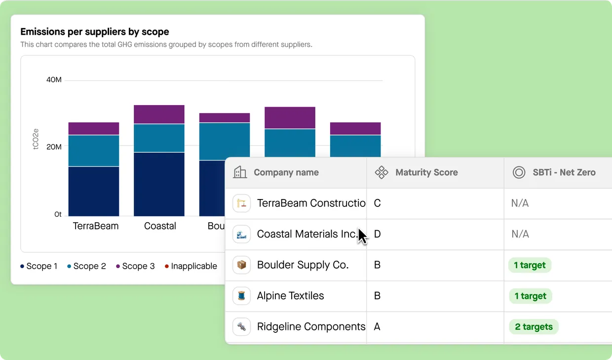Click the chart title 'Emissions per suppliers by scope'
(x=94, y=32)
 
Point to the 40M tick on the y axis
(x=54, y=80)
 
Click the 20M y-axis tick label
(x=54, y=147)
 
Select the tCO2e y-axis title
(x=36, y=139)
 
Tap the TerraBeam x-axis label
(x=96, y=226)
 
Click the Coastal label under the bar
(x=160, y=226)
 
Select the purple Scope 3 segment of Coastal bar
(x=159, y=115)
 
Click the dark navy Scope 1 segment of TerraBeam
(x=94, y=191)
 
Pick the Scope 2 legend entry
(x=86, y=266)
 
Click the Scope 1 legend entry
(x=39, y=266)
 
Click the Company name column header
(x=286, y=173)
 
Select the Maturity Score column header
(x=426, y=173)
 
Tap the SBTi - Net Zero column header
(x=564, y=173)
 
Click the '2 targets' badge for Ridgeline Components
(x=534, y=327)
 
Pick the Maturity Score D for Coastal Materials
(x=378, y=234)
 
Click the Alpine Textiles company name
(x=290, y=296)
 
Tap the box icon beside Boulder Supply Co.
(x=241, y=265)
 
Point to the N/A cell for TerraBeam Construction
(x=520, y=203)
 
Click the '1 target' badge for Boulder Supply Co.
(x=530, y=265)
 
